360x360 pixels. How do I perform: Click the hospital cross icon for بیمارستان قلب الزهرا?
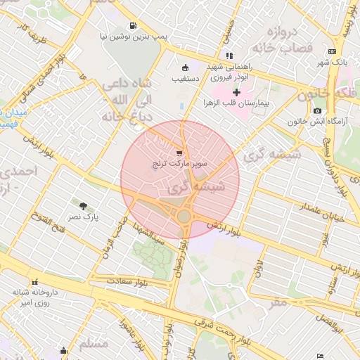tap(236, 92)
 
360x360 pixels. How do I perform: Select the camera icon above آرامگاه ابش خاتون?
tap(318, 110)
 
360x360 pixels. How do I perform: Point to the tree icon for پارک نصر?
tap(84, 207)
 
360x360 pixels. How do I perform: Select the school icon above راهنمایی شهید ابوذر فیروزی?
tap(229, 55)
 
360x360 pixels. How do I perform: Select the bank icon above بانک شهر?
tap(333, 51)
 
